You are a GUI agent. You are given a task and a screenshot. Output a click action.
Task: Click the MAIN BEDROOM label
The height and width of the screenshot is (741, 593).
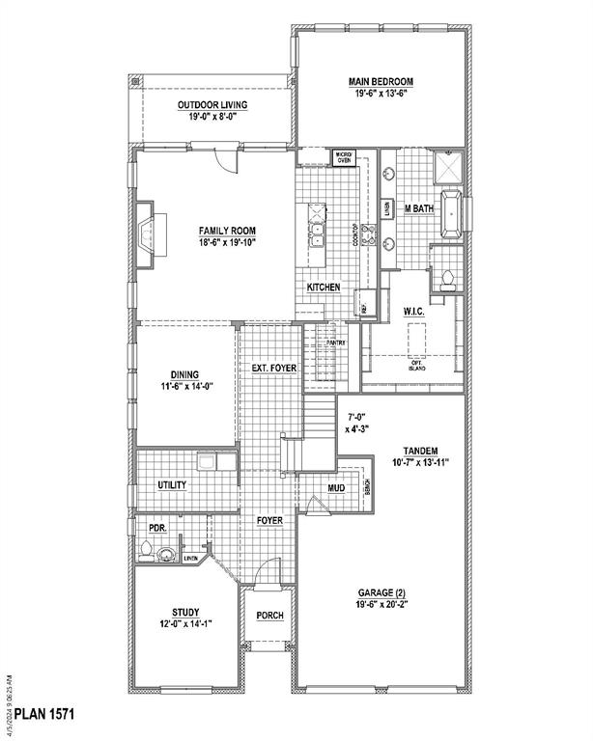(381, 82)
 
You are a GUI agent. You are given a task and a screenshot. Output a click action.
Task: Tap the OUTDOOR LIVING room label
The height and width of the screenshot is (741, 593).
(212, 104)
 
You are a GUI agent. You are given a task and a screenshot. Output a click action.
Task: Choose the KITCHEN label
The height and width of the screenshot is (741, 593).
(324, 288)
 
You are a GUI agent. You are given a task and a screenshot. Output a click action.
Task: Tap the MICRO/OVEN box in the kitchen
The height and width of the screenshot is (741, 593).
(343, 156)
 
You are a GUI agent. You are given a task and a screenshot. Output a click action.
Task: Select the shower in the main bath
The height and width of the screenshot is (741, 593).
(447, 171)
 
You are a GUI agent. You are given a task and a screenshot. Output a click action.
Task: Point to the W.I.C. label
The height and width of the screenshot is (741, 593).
(414, 312)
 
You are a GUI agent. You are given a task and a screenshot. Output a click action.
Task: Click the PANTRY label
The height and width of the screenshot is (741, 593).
(335, 342)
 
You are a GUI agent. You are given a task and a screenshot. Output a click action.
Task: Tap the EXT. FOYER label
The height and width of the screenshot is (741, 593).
(273, 369)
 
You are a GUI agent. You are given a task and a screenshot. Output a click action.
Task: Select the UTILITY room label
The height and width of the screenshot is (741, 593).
(172, 485)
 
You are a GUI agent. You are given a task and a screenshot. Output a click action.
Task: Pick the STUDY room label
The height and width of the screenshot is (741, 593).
(185, 611)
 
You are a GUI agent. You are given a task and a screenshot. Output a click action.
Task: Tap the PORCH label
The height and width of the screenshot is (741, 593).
(269, 617)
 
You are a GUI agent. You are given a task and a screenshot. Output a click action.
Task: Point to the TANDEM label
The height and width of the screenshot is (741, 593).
(421, 451)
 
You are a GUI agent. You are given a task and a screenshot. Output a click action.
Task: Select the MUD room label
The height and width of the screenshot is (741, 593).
(336, 489)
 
